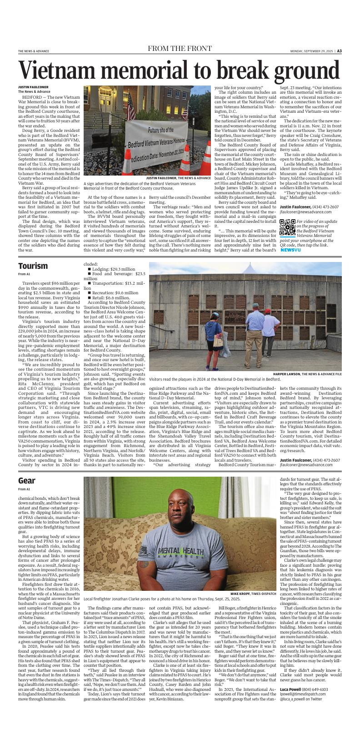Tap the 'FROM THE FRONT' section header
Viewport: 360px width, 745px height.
coord(180,49)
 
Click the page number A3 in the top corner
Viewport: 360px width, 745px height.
coord(339,51)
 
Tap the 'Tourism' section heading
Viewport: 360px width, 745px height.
coord(33,266)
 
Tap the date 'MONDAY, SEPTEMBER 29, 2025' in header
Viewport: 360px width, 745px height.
coord(311,51)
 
